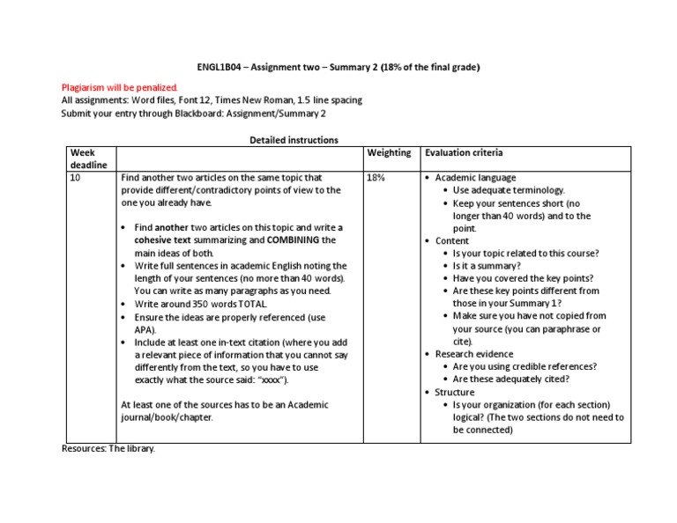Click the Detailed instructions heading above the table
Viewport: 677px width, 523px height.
[294, 140]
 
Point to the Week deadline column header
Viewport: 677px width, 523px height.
[88, 158]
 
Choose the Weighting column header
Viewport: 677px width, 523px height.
[389, 152]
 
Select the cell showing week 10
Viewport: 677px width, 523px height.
[76, 177]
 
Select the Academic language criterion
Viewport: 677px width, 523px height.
[476, 177]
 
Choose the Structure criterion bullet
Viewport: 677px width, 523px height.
[455, 392]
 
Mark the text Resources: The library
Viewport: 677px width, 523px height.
[108, 449]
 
